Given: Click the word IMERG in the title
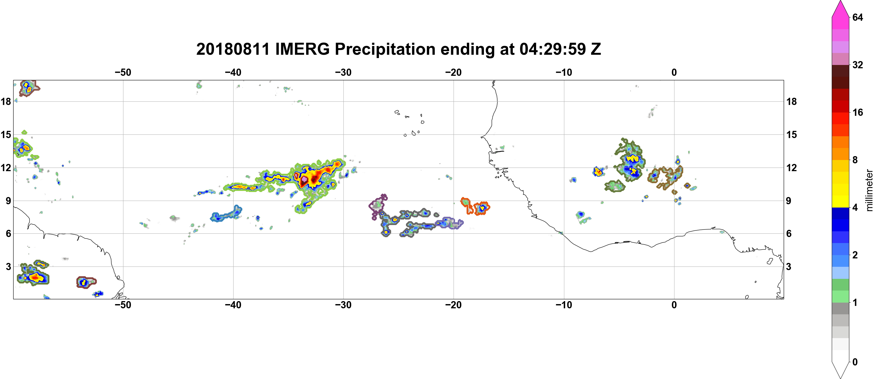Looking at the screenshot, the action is (302, 49).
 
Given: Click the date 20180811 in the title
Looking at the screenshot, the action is (233, 49).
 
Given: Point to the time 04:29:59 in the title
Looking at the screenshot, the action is (552, 49).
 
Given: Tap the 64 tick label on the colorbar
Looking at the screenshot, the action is (858, 17).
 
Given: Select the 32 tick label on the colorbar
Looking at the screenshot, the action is (858, 65).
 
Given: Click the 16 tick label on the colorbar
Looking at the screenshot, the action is (858, 112).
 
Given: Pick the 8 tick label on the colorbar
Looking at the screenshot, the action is (855, 160).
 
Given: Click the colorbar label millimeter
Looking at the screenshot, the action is (869, 190).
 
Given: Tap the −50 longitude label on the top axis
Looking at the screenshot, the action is (123, 72).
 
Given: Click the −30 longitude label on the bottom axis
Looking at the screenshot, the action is (343, 305).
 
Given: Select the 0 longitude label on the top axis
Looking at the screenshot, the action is (674, 72).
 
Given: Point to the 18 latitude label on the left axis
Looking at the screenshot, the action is (6, 101).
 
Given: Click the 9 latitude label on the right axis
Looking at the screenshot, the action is (789, 201).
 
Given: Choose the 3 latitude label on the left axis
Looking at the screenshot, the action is (8, 267).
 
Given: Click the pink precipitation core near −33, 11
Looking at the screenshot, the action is (304, 179).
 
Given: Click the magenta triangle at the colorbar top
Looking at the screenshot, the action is (840, 8).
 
